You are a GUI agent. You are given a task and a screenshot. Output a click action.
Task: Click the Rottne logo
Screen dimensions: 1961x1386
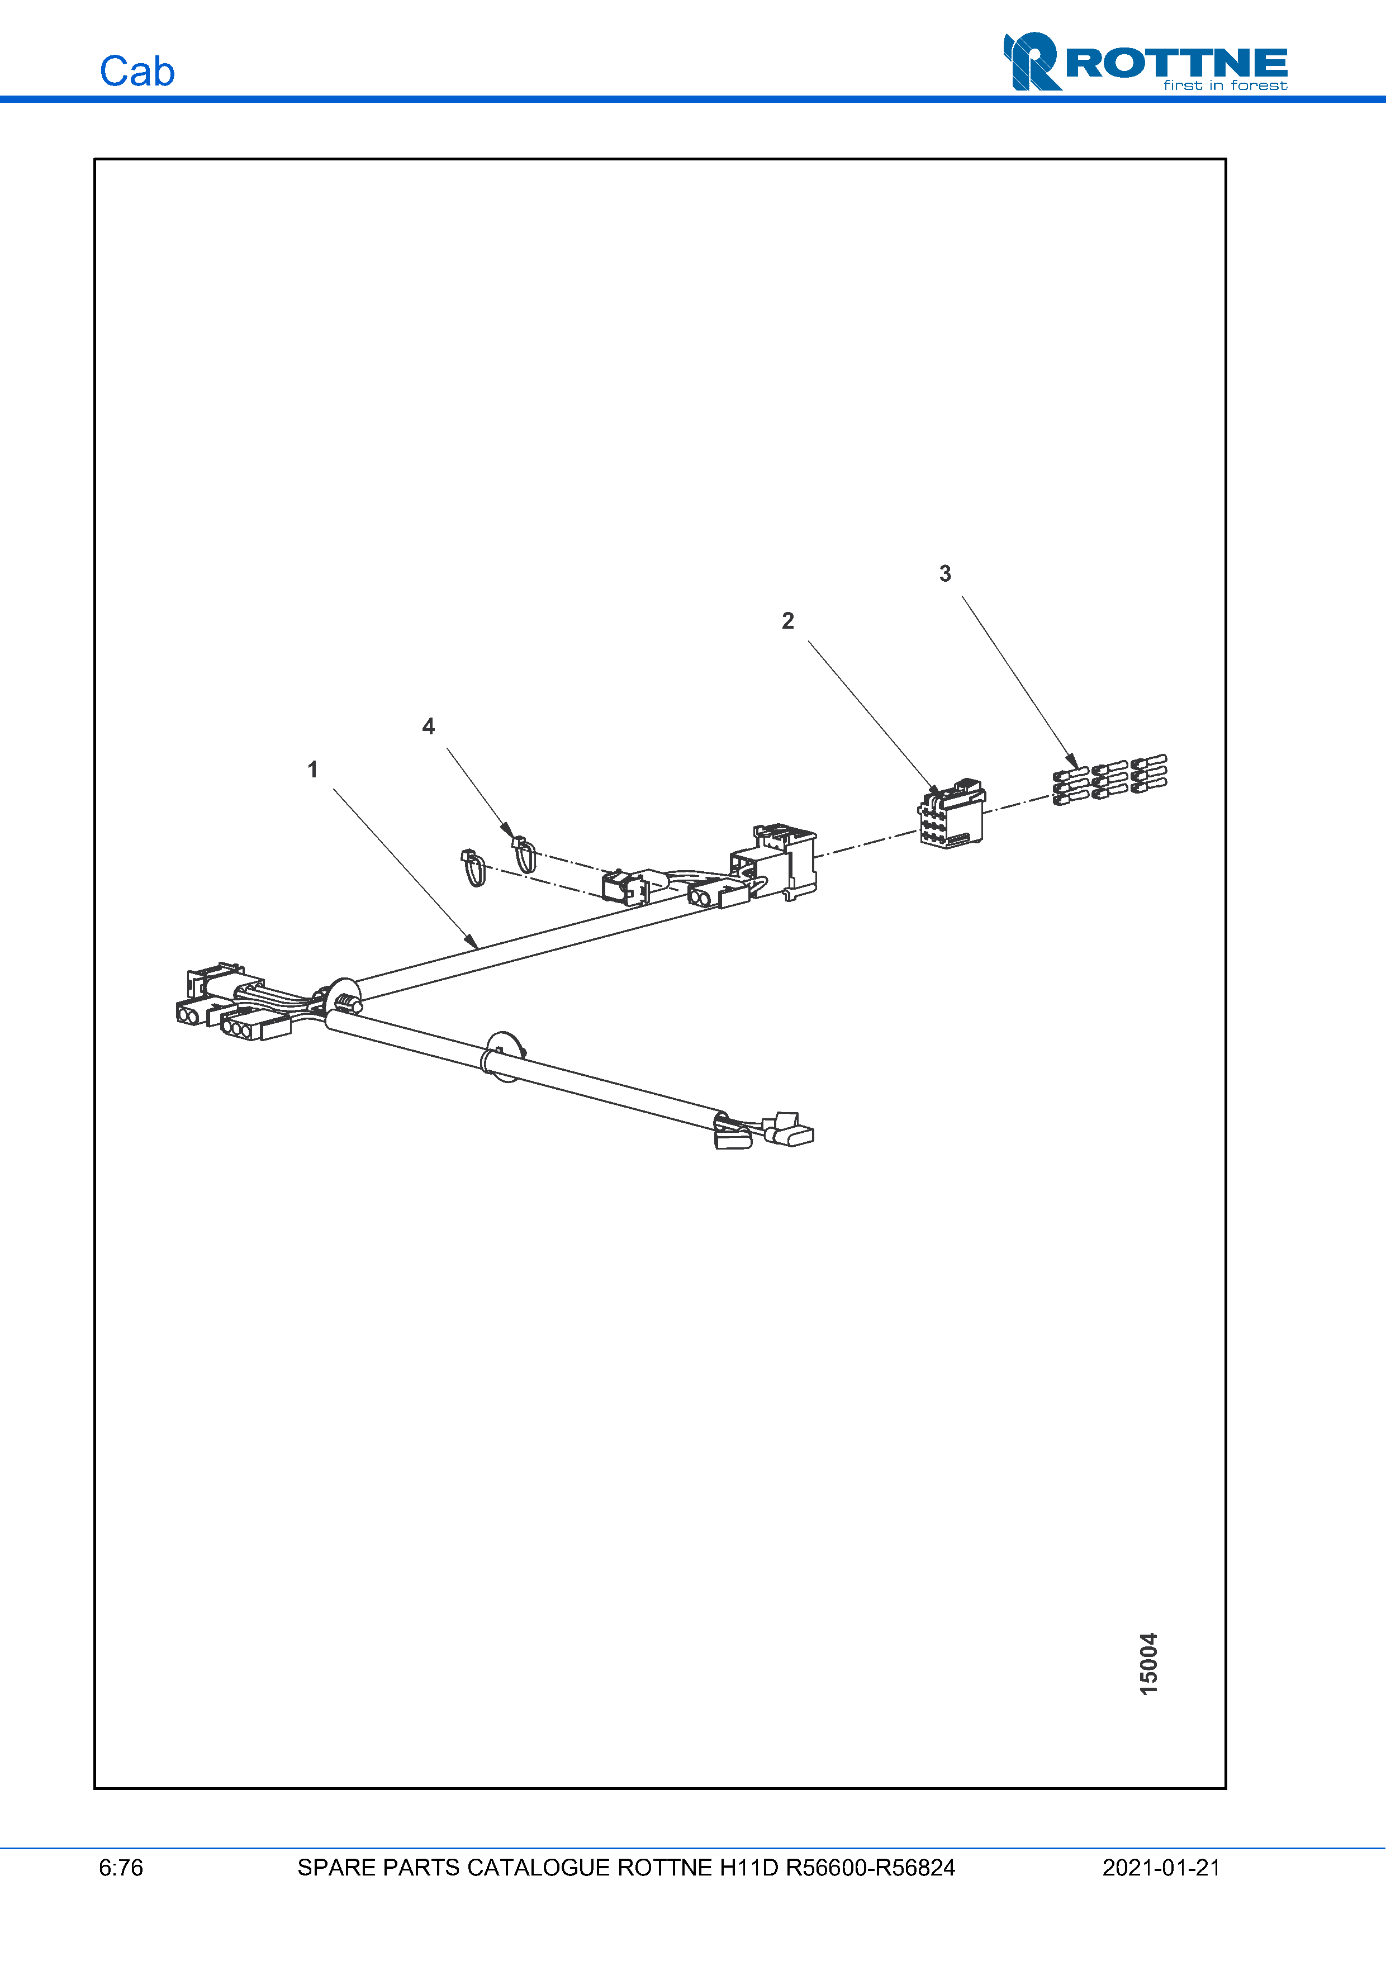[x=1145, y=61]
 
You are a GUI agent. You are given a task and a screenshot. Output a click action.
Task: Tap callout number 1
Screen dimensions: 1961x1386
[x=312, y=770]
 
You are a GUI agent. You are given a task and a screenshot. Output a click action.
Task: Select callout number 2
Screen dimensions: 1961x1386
[x=787, y=621]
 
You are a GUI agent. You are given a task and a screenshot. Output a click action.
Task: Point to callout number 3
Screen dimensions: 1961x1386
[x=944, y=574]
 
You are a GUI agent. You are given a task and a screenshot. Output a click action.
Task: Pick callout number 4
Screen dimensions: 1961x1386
[x=429, y=727]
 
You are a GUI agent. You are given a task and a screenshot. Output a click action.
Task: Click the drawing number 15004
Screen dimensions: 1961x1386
[x=1148, y=1663]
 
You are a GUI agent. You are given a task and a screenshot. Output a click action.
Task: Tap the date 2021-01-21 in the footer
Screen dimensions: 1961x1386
[x=1161, y=1867]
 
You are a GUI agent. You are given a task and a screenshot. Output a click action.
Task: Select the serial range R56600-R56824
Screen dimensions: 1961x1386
[x=870, y=1867]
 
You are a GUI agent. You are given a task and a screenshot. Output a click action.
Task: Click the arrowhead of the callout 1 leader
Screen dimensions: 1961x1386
[x=472, y=943]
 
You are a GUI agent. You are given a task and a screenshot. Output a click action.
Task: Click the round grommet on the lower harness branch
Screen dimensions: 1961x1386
[x=504, y=1057]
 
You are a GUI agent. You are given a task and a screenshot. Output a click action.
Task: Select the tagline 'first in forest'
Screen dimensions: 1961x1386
[x=1224, y=86]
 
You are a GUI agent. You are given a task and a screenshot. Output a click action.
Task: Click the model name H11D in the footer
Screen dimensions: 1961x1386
[x=749, y=1867]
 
